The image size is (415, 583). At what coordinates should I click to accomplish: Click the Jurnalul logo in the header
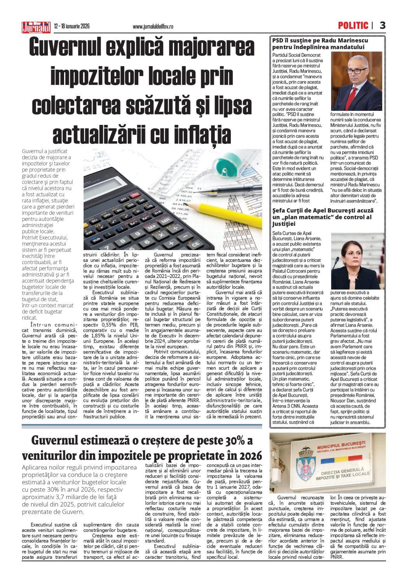point(36,27)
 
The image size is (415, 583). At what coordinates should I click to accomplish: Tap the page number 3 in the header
point(382,26)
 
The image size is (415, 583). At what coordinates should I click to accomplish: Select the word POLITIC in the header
point(353,26)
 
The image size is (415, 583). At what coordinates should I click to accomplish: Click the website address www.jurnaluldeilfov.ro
point(153,27)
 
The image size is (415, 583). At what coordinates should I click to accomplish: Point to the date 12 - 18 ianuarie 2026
point(72,26)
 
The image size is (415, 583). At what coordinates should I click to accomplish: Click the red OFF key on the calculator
point(124,199)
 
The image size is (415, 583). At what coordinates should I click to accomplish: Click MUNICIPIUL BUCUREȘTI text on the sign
point(341,444)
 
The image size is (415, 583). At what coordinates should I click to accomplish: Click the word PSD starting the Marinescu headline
point(277,40)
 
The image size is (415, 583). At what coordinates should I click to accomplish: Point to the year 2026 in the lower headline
point(249,455)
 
